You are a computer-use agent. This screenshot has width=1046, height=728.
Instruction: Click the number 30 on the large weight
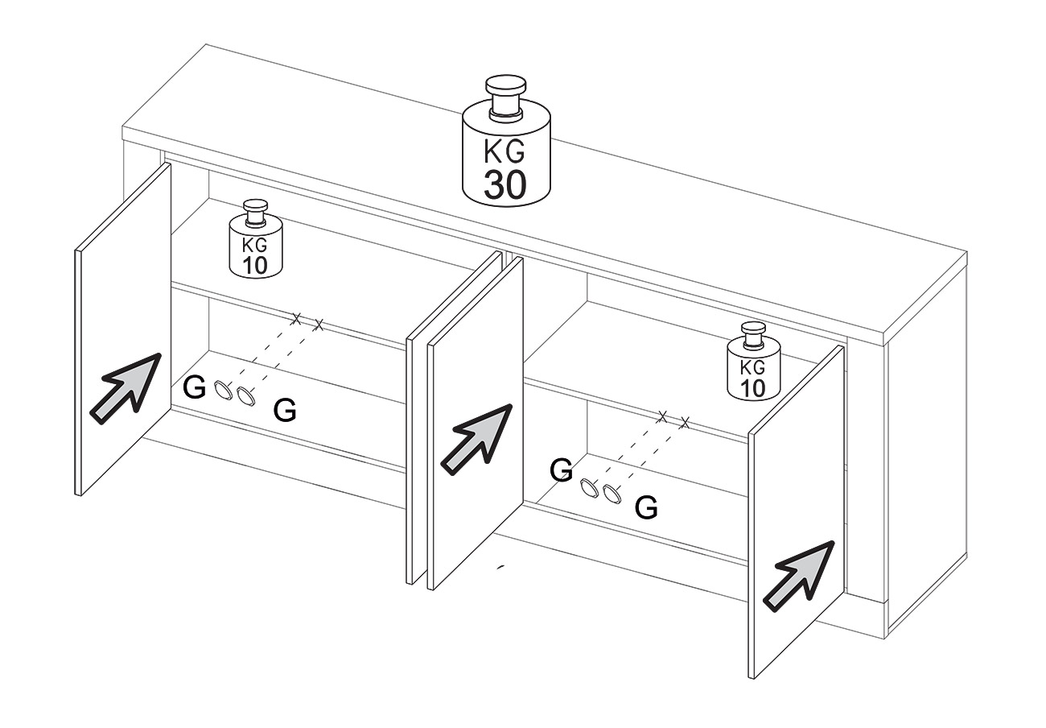tap(504, 184)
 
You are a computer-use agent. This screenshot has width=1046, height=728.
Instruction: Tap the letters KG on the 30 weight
tap(504, 151)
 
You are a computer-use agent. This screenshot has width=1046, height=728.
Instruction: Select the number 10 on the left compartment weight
tap(254, 265)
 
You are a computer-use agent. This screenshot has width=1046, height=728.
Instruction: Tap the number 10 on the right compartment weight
tap(753, 388)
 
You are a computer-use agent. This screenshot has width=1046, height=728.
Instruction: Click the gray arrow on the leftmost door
tap(126, 389)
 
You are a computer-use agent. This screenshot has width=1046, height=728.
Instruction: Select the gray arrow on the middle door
tap(477, 440)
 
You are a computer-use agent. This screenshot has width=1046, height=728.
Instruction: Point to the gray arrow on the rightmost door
tap(798, 576)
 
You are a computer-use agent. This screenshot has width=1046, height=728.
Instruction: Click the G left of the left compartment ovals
tap(194, 387)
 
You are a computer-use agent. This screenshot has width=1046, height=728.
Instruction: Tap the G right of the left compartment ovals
tap(284, 410)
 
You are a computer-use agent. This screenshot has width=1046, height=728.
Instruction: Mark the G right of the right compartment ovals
tap(646, 507)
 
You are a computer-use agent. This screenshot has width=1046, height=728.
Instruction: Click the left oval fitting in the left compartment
tap(223, 390)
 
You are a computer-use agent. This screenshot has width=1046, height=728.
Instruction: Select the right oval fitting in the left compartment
tap(245, 397)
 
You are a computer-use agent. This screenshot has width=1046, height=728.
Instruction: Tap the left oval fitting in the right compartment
tap(589, 488)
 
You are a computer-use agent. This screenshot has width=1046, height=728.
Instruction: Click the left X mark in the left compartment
tap(295, 319)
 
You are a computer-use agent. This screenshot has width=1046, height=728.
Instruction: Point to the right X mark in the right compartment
tap(685, 423)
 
